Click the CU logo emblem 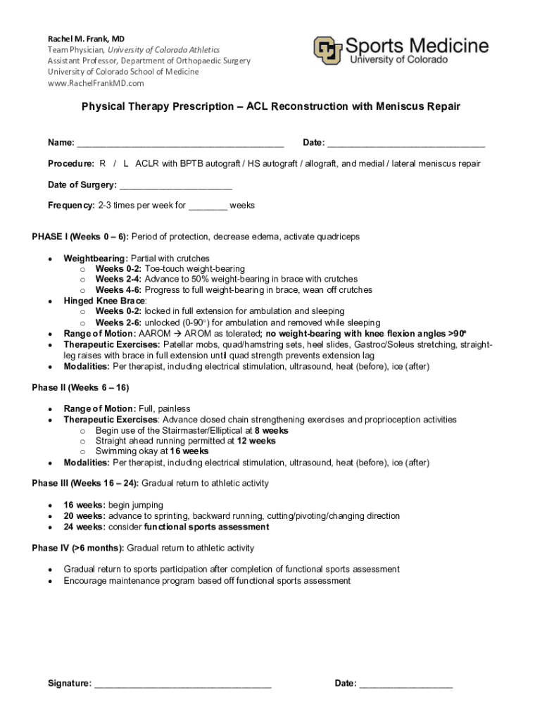[x=328, y=50]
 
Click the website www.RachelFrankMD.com [x=96, y=83]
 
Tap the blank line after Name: [x=180, y=144]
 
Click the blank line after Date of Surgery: [x=175, y=185]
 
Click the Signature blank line [x=182, y=684]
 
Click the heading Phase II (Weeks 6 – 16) [x=80, y=388]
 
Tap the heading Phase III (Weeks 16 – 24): [x=85, y=484]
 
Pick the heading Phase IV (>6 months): [x=78, y=548]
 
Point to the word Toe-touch [x=165, y=269]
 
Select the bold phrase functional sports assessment [x=206, y=527]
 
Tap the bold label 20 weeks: [x=84, y=516]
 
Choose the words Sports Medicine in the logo [x=417, y=46]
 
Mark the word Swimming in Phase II [x=117, y=451]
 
